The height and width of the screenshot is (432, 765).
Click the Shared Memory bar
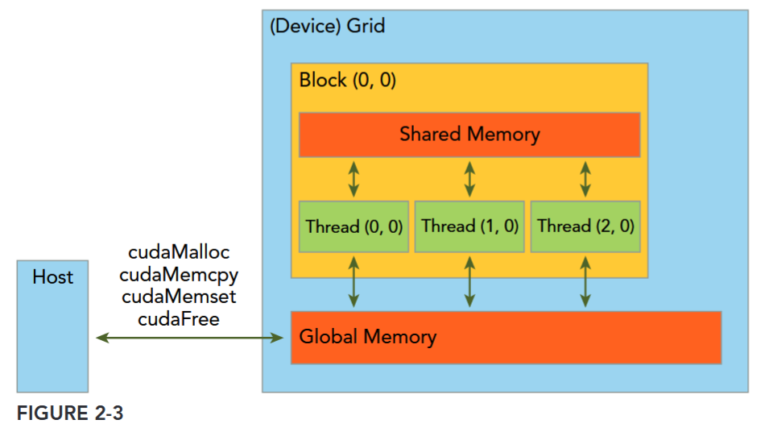pos(469,135)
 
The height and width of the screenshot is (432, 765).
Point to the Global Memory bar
pos(506,337)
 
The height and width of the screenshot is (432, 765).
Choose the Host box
pos(52,326)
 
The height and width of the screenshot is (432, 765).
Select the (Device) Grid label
pos(327,26)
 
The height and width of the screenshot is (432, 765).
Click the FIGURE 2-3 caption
pos(70,413)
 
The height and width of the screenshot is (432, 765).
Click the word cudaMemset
pos(179,297)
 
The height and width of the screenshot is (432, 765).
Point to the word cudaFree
pos(179,318)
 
